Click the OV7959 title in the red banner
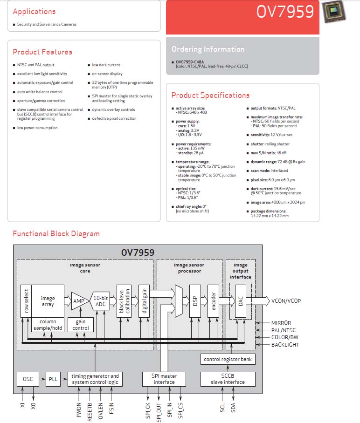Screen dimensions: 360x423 click(x=285, y=12)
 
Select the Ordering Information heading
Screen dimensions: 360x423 click(x=208, y=49)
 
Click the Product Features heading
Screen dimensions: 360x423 click(x=42, y=52)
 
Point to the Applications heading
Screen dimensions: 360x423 click(x=34, y=12)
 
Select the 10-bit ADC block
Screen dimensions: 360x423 click(x=100, y=301)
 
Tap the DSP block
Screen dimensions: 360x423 click(x=195, y=301)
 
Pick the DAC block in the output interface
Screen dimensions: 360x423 click(x=240, y=301)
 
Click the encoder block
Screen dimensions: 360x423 click(x=213, y=301)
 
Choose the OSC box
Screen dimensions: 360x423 click(x=28, y=379)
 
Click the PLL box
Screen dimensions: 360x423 click(x=53, y=379)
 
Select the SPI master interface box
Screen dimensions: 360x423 click(x=164, y=379)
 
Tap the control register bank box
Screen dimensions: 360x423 click(x=228, y=359)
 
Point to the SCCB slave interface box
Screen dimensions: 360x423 click(x=228, y=379)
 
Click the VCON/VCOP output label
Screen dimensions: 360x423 click(x=286, y=301)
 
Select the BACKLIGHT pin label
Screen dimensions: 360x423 click(x=285, y=344)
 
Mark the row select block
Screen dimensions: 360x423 click(x=26, y=301)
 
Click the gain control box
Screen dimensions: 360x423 click(x=81, y=325)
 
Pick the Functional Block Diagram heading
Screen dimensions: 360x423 click(x=56, y=233)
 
